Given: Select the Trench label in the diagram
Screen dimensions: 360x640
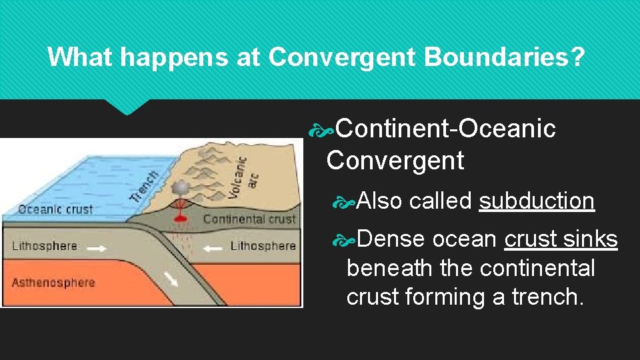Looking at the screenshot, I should point(144,186).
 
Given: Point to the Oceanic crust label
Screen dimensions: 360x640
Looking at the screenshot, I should point(56,209).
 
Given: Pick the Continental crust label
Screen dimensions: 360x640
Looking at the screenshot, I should point(249,219).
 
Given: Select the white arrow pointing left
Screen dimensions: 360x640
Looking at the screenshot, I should point(213,247).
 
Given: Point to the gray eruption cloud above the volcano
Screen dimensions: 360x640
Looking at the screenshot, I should point(179,189).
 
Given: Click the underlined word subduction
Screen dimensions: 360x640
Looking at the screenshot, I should point(537,201).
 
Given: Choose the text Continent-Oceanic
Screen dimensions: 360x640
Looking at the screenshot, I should point(445,129).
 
